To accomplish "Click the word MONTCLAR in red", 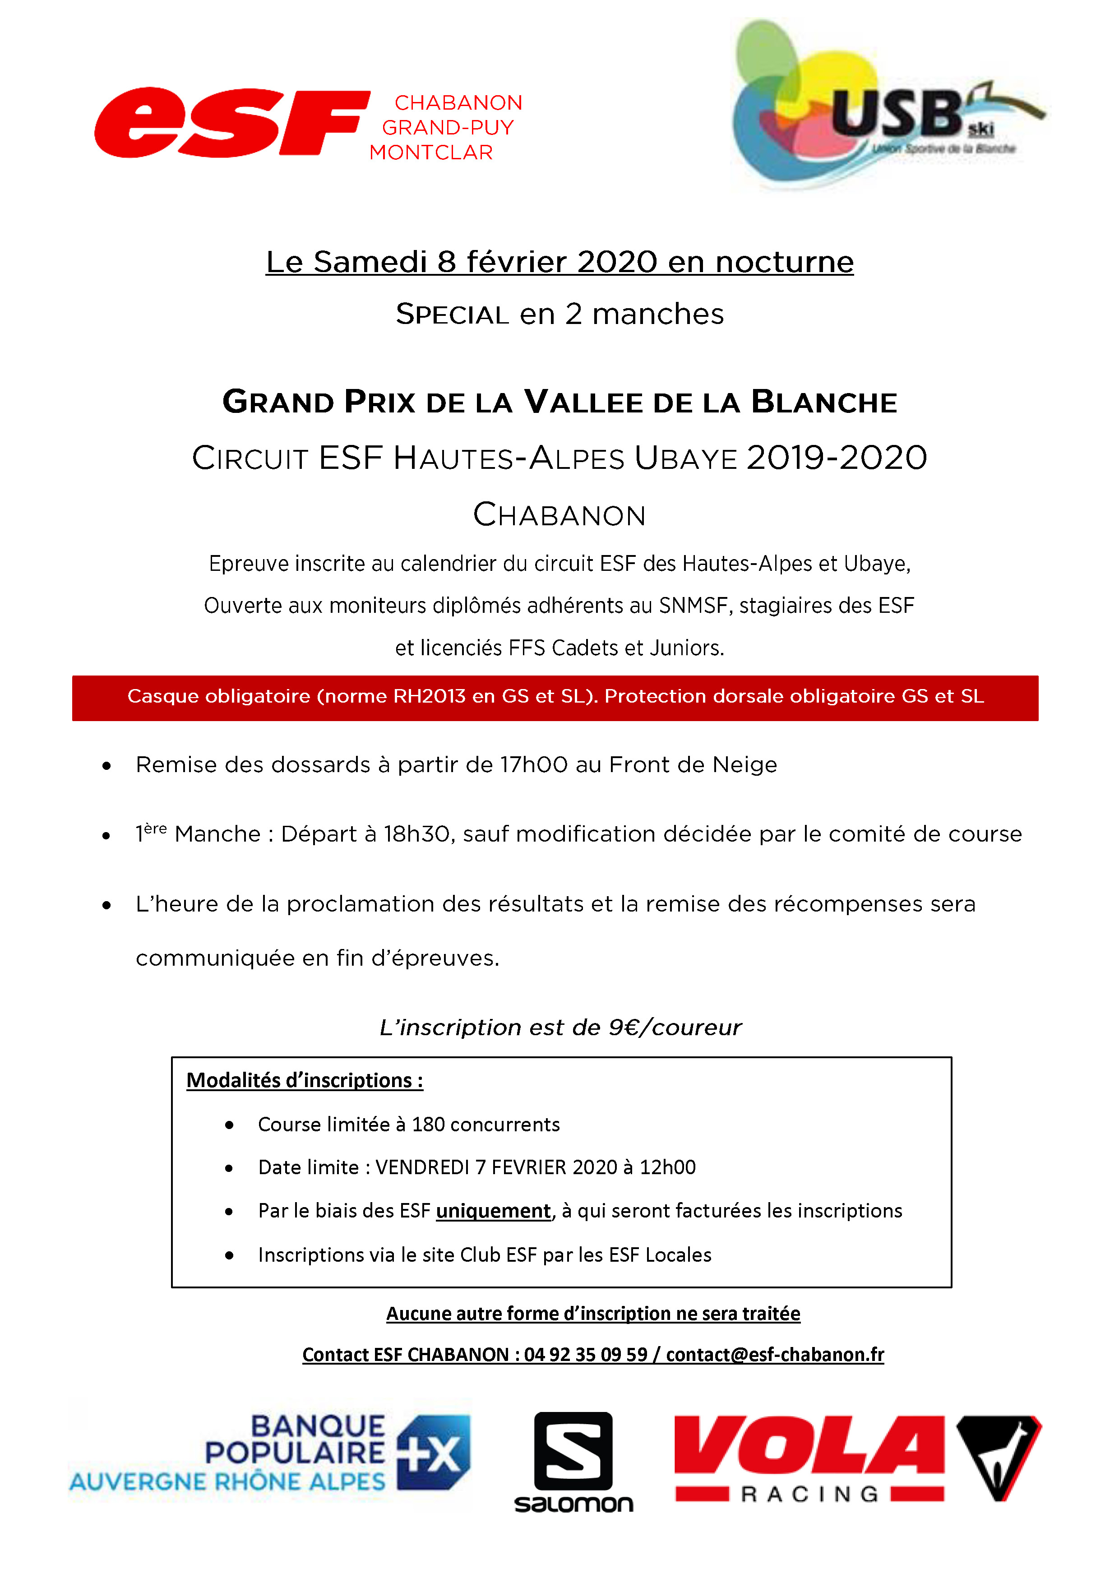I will [x=431, y=153].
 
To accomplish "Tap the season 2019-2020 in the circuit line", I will [x=837, y=458].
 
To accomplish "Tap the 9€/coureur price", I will [x=674, y=1028].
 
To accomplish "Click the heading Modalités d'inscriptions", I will [x=305, y=1080].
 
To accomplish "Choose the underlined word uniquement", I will [x=494, y=1211].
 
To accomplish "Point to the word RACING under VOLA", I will [x=809, y=1495].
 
